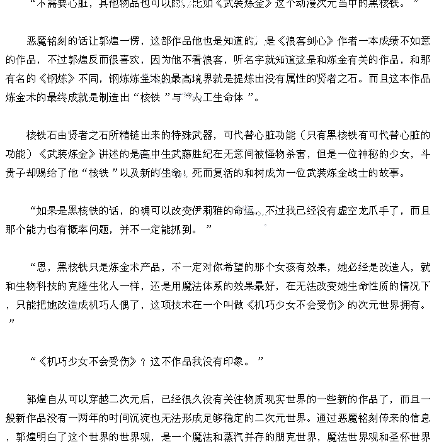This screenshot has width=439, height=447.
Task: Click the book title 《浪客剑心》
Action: pos(299,41)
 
